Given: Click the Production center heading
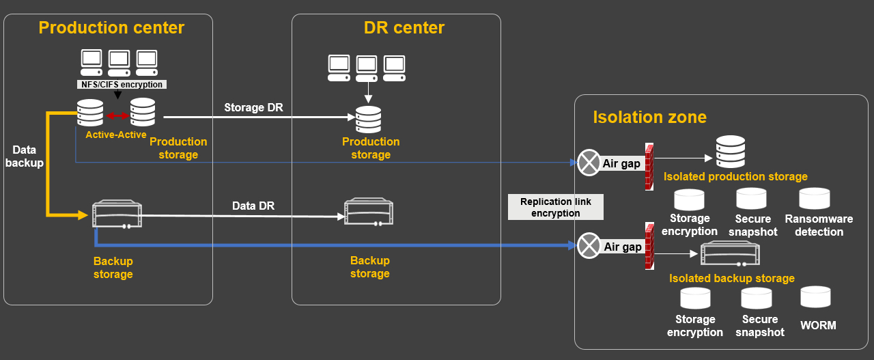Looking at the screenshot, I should [x=111, y=28].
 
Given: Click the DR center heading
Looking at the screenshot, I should [x=404, y=28].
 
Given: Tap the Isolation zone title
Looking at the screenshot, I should [x=649, y=117].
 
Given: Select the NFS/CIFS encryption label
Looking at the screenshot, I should [x=121, y=85].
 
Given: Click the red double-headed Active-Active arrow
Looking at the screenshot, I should [x=117, y=116].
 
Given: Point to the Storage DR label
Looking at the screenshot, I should [x=253, y=108].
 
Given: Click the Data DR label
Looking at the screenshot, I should [x=253, y=206].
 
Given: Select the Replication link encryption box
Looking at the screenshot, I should [x=556, y=207].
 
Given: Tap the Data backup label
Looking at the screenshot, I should [x=25, y=156].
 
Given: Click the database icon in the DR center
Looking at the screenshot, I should [x=369, y=120].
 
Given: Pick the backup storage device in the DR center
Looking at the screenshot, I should [x=369, y=212].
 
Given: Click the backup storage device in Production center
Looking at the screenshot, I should [x=117, y=214].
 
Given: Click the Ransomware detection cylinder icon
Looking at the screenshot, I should [x=815, y=198].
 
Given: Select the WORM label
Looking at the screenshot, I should [x=818, y=325].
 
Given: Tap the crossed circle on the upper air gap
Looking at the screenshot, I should [x=588, y=163].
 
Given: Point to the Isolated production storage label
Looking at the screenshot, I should [x=735, y=177].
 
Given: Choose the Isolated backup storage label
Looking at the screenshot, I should [x=731, y=279].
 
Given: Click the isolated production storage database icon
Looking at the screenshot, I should [x=730, y=151].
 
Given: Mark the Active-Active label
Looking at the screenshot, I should [x=116, y=135].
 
